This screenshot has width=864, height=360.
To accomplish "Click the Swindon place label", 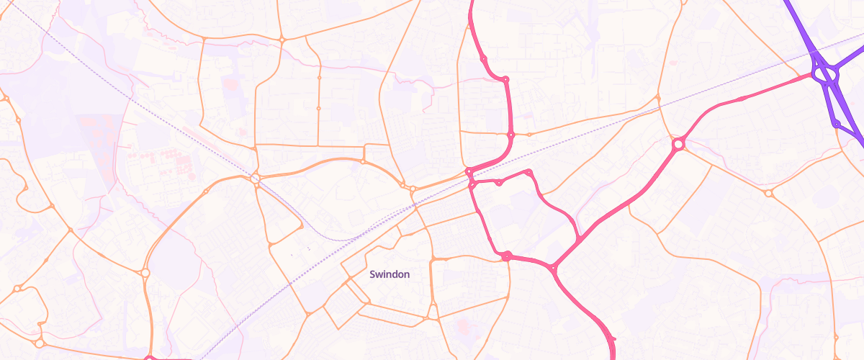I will pos(390,274).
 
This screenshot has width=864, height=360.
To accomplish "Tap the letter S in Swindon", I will pos(372,274).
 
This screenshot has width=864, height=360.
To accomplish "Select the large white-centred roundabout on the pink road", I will pos(678,145).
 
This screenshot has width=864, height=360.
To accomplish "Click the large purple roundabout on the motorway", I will pos(825,73).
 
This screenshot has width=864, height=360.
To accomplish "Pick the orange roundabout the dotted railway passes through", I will pos(255,177).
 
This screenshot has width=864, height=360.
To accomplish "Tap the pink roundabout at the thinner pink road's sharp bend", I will pos(529,172).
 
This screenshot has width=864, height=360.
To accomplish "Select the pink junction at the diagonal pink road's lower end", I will pos(554,269).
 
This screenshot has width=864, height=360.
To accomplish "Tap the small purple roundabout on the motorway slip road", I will pos(836,125).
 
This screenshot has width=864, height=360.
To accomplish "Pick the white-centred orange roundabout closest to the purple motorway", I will pos(768,193).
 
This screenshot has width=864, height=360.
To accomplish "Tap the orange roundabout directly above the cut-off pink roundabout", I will pos(145,273).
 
